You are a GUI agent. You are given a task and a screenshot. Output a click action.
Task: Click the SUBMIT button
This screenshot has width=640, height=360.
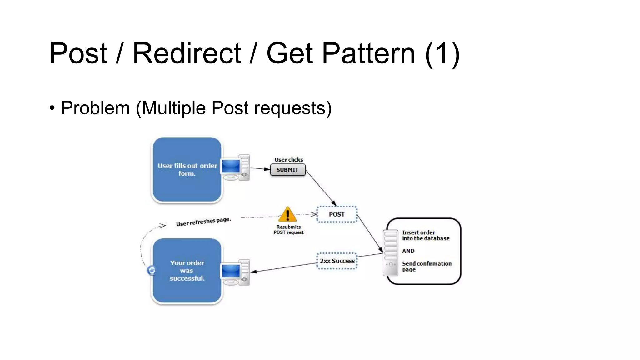[x=287, y=170]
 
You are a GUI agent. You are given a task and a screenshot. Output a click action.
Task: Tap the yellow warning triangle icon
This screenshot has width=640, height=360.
[x=287, y=215]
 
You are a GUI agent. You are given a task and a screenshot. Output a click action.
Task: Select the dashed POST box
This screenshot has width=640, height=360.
[x=337, y=214]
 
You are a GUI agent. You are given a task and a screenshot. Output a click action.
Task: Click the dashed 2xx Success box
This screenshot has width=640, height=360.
[x=337, y=261]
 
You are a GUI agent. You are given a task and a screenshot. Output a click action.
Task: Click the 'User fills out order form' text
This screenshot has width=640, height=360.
[x=187, y=169]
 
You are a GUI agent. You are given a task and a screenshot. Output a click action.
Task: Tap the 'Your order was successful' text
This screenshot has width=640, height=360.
[x=187, y=271]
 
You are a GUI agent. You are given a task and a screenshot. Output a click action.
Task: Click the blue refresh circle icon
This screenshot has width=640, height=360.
[x=152, y=270]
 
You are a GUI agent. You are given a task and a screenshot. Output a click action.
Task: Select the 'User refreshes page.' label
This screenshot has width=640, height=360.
[x=203, y=222]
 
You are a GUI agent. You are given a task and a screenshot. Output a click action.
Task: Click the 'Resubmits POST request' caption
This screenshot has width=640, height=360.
[x=288, y=230]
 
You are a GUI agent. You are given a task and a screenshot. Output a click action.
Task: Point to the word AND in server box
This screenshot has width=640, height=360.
[x=408, y=251]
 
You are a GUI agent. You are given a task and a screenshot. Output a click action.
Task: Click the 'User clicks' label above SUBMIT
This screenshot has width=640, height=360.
[x=288, y=160]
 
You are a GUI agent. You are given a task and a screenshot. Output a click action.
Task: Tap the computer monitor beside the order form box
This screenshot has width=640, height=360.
[x=232, y=168]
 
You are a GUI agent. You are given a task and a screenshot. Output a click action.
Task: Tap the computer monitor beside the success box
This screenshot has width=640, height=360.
[x=232, y=272]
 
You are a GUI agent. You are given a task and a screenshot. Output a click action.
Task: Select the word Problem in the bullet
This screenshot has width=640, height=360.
[x=95, y=108]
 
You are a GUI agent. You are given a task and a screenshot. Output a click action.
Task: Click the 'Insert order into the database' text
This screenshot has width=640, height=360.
[x=425, y=235]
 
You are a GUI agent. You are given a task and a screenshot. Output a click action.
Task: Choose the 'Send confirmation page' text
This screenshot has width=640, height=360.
[x=426, y=267]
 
